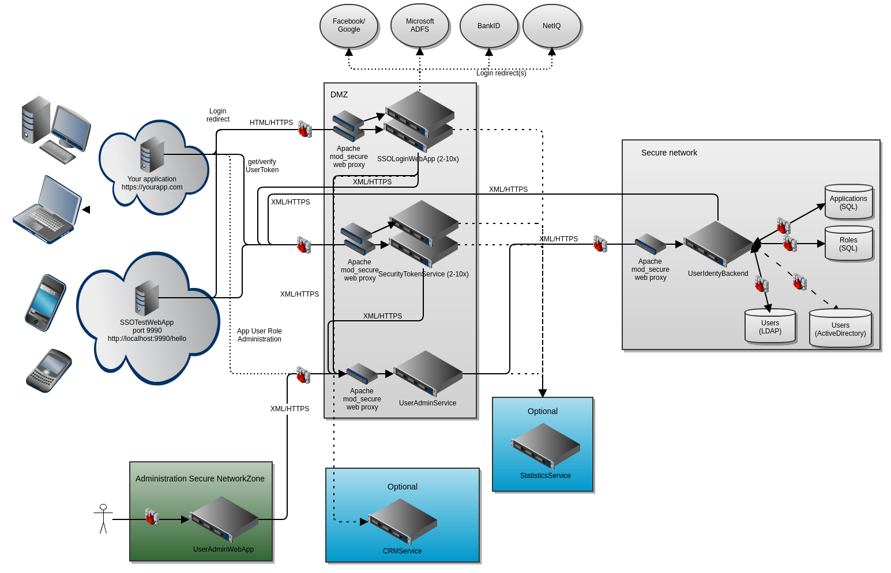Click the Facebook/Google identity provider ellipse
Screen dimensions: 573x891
click(x=349, y=26)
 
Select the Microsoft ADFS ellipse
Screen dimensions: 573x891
click(x=419, y=26)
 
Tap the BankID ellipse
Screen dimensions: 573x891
click(x=488, y=26)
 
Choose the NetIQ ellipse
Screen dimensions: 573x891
click(x=551, y=26)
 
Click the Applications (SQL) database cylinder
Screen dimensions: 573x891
click(x=848, y=202)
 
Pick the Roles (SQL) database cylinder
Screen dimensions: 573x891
click(x=848, y=244)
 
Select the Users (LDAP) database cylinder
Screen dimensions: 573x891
click(x=770, y=327)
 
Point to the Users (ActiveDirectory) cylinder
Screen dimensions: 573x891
click(x=840, y=329)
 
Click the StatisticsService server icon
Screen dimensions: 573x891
click(x=546, y=446)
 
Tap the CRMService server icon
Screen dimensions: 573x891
click(x=403, y=522)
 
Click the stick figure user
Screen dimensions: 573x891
click(x=103, y=519)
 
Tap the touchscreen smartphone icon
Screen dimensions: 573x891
click(x=46, y=302)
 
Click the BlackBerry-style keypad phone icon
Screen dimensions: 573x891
click(x=49, y=370)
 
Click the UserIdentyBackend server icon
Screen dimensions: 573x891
click(x=718, y=244)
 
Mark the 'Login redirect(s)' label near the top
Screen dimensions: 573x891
click(x=501, y=73)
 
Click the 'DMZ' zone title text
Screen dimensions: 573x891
click(x=339, y=94)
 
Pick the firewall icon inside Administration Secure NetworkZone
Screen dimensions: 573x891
click(x=152, y=517)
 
